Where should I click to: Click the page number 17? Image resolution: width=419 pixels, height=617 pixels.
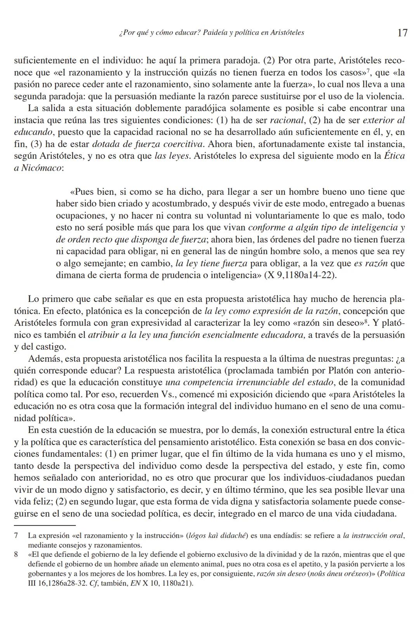point(402,33)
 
